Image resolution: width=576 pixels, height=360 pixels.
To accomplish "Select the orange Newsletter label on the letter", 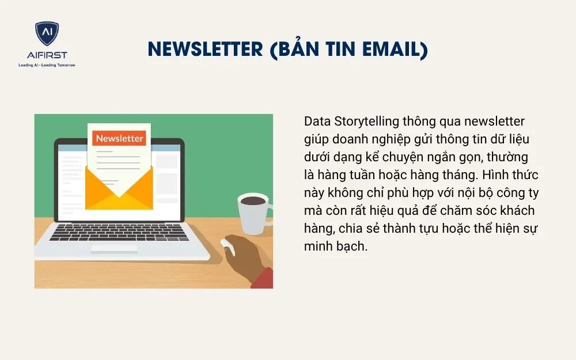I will pos(119,138).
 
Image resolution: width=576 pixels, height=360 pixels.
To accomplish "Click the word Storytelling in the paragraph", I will pos(368,122).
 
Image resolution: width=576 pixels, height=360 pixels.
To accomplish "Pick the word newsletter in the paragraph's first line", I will pos(495,122).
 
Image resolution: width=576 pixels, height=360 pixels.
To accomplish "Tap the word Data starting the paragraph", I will pos(317,122).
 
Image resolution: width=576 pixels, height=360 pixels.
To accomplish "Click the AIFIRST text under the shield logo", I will pos(47,55).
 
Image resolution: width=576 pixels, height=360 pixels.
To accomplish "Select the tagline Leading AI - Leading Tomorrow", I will pos(47,65).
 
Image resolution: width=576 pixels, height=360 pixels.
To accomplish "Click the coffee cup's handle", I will pos(268,211).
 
